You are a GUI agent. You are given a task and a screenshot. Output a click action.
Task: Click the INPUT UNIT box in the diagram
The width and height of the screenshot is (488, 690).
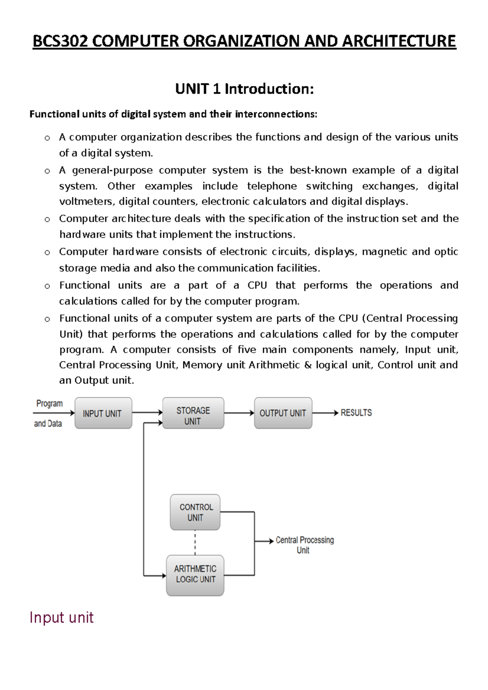(x=103, y=413)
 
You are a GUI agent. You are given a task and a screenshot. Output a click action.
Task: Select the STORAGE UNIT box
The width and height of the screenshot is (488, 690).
(x=193, y=413)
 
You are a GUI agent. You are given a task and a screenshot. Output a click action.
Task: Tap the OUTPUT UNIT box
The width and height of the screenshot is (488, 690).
(x=283, y=413)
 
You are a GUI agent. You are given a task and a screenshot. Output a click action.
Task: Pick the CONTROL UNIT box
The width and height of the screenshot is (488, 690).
(x=195, y=512)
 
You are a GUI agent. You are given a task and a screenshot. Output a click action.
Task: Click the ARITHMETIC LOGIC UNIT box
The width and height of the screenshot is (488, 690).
(x=195, y=575)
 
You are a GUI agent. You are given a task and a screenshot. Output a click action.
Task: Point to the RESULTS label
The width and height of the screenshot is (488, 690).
(x=356, y=413)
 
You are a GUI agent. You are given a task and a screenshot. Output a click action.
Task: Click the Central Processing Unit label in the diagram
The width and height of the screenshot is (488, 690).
(x=304, y=545)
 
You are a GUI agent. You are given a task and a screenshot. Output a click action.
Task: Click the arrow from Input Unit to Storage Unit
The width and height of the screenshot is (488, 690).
(x=147, y=413)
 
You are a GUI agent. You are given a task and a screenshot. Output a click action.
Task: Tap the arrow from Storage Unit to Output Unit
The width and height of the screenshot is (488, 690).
(x=239, y=413)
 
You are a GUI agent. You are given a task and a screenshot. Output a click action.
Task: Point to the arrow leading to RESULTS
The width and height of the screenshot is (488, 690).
(x=325, y=413)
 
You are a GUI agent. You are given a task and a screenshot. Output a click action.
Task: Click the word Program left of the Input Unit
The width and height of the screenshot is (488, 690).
(x=49, y=404)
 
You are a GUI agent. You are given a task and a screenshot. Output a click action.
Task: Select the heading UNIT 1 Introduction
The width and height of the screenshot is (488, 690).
(x=244, y=89)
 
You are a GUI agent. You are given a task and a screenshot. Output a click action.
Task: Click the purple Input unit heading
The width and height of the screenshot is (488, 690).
(x=61, y=617)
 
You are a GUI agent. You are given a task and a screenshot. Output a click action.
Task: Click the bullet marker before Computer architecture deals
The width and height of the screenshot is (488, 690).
(x=47, y=220)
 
